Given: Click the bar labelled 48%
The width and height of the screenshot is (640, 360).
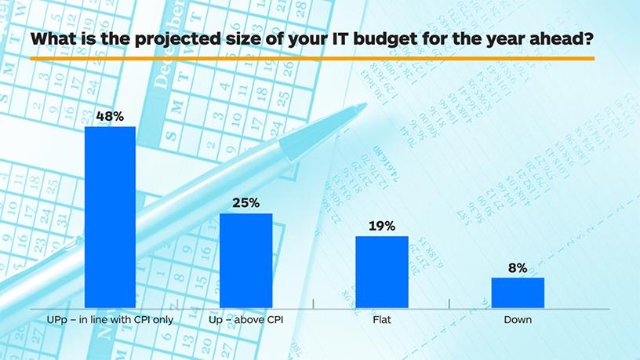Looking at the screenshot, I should (x=110, y=216).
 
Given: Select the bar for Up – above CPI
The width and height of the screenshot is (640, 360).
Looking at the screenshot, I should (x=245, y=260).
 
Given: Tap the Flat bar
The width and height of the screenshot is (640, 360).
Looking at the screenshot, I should (x=382, y=272).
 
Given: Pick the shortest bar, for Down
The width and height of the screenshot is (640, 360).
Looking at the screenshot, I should (x=518, y=293).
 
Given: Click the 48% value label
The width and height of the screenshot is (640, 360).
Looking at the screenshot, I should (x=110, y=115).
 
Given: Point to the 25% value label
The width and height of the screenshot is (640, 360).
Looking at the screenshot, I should (x=245, y=203).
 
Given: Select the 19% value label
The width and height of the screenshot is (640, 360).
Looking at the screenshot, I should (x=382, y=226).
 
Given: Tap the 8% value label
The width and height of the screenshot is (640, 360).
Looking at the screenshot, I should (x=518, y=267).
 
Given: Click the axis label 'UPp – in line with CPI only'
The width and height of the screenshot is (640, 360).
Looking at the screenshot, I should (x=110, y=320).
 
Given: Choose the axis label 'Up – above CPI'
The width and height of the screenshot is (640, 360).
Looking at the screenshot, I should (x=245, y=320).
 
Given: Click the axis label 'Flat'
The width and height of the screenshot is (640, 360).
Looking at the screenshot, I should (x=382, y=320).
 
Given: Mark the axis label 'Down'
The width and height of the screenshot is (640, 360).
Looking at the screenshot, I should (x=518, y=320).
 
